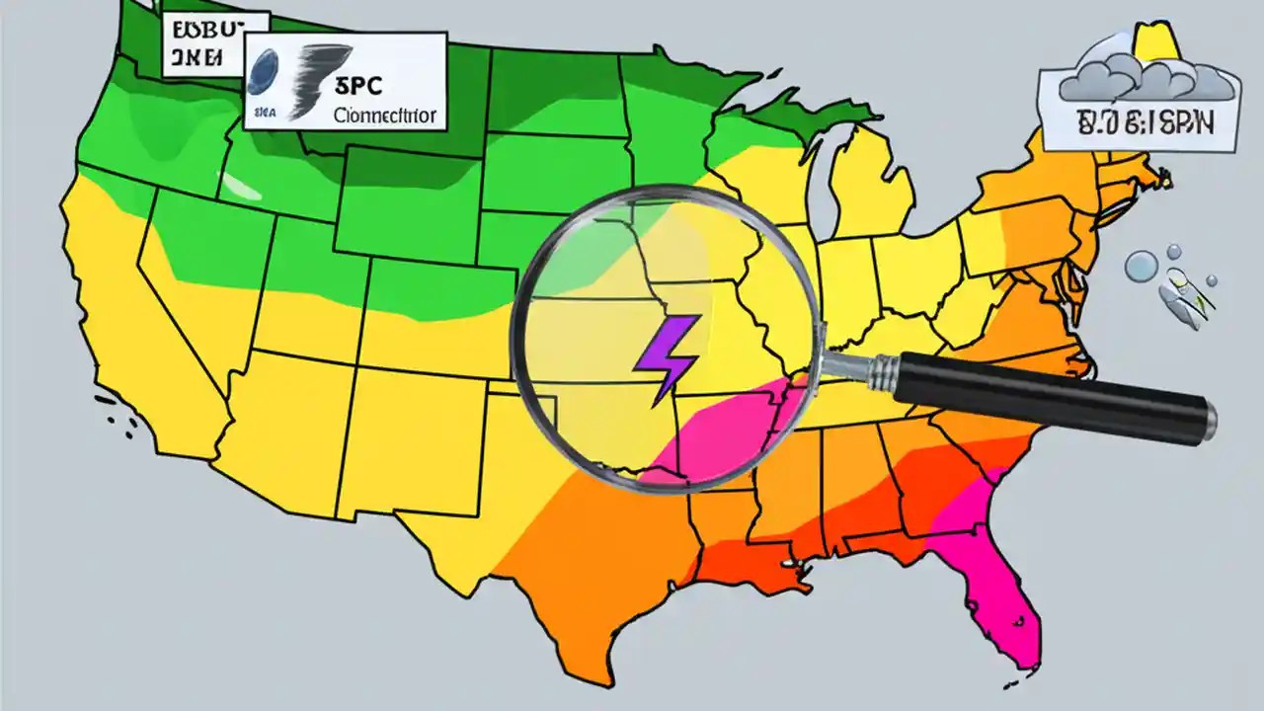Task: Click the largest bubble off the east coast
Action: (x=1142, y=266)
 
